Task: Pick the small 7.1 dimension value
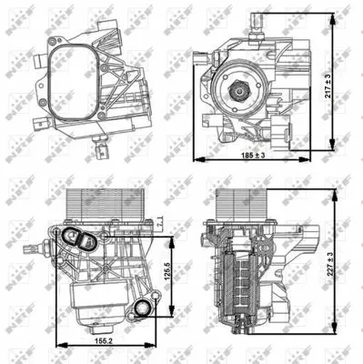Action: [x=161, y=221]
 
